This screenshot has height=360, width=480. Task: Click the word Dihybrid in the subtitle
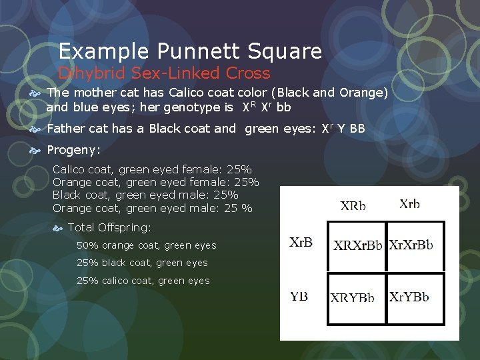pos(84,73)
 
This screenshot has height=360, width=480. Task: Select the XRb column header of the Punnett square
pos(353,206)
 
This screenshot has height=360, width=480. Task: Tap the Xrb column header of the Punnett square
pos(409,204)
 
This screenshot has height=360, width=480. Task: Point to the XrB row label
pos(301,243)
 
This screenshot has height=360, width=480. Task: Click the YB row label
pos(299,297)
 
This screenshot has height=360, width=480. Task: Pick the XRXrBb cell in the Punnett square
pos(357,245)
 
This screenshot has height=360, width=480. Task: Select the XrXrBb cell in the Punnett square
pos(411,245)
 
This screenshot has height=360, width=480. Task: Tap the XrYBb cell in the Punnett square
pos(409,297)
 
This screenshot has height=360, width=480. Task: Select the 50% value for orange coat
pos(87,245)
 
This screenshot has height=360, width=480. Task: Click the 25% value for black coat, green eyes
pos(87,263)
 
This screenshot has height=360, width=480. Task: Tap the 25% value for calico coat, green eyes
pos(87,281)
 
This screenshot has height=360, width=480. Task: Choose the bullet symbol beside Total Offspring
pos(57,228)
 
